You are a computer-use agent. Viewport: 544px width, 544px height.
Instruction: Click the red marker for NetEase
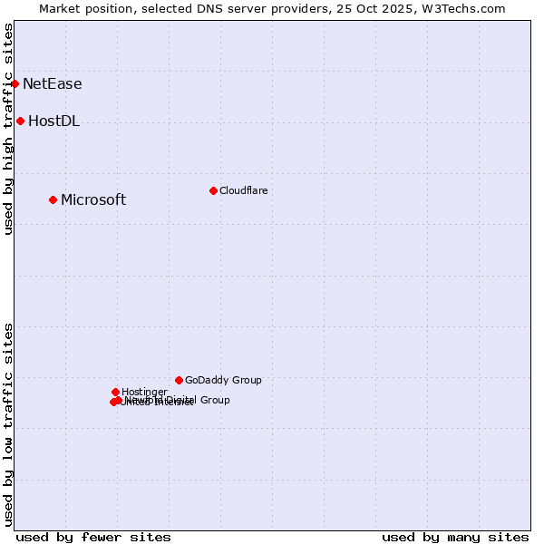[15, 83]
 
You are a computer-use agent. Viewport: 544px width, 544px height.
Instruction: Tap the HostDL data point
[20, 121]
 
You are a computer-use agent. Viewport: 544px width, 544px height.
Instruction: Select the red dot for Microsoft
[53, 199]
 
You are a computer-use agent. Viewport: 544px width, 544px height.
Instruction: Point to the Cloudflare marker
[213, 190]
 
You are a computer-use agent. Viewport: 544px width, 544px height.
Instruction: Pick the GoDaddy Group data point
[179, 380]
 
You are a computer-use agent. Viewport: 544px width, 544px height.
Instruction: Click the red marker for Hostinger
[115, 392]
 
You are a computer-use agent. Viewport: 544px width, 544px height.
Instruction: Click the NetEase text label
[53, 84]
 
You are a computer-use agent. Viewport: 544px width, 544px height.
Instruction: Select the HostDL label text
[54, 121]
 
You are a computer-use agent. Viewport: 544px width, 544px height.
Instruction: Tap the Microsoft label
[93, 200]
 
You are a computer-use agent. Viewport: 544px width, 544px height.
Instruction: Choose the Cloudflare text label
[243, 190]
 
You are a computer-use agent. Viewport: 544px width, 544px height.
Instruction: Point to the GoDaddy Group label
[223, 381]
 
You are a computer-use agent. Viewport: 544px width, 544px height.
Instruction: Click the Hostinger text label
[144, 392]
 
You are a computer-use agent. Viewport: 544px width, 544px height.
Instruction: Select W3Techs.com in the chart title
[461, 8]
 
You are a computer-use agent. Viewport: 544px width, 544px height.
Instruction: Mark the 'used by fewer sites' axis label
[93, 537]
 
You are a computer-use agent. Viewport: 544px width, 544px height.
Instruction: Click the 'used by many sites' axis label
[455, 537]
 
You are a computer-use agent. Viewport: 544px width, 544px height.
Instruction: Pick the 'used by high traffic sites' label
[8, 130]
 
